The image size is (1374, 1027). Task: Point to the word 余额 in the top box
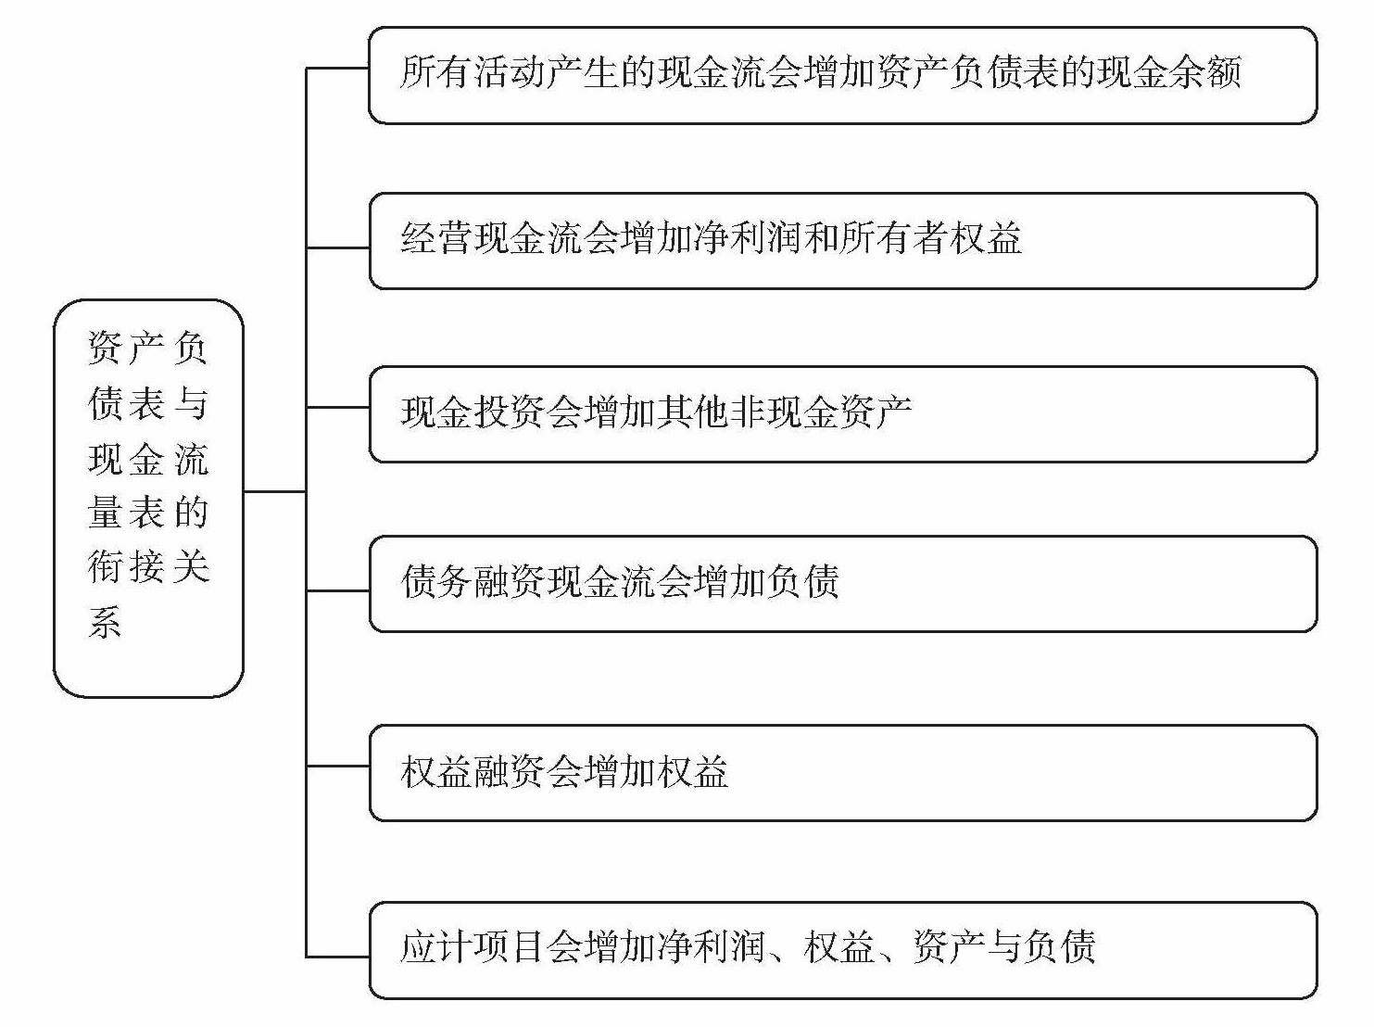(1205, 73)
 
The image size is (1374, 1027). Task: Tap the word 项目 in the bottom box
(510, 948)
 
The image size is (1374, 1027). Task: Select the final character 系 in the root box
(105, 621)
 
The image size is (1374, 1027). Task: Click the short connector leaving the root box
(274, 492)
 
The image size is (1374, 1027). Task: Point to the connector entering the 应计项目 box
(338, 957)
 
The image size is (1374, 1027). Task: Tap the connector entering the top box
(338, 68)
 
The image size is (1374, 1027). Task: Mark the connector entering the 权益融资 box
(338, 767)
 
